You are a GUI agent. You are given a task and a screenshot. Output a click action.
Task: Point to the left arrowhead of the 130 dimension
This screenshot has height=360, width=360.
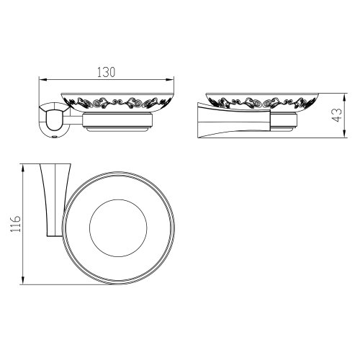click(40, 79)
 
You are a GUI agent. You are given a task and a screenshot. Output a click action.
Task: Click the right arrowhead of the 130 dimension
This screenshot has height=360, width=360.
click(174, 79)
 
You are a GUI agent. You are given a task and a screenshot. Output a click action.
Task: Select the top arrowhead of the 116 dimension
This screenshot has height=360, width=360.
click(24, 165)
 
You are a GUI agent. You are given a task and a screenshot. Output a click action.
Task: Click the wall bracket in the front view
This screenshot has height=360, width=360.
click(51, 120)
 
